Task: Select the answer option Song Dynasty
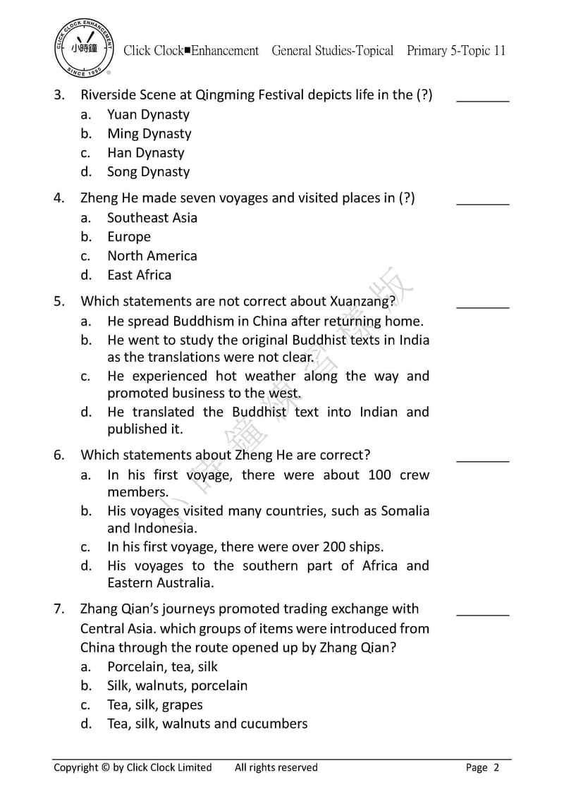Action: [x=148, y=171]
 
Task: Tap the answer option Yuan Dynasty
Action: [x=148, y=114]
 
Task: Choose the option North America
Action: [x=152, y=256]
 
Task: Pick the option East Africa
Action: [x=139, y=275]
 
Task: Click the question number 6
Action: [x=59, y=455]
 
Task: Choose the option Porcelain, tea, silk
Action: [x=162, y=666]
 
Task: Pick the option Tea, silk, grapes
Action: [x=154, y=704]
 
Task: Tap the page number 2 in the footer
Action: [x=496, y=768]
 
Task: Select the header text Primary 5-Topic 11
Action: [x=456, y=51]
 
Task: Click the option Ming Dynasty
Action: [x=149, y=133]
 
